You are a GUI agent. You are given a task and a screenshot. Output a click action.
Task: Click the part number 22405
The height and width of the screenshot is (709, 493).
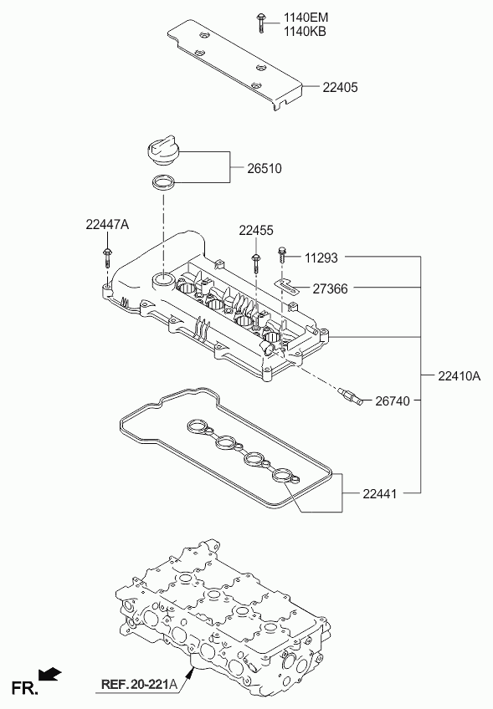point(340,87)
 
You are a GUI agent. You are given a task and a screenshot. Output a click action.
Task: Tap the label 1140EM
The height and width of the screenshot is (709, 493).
point(306,18)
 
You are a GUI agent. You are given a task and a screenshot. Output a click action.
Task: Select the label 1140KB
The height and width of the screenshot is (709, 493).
point(305,31)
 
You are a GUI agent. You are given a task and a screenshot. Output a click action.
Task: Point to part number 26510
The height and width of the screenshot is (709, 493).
point(264,169)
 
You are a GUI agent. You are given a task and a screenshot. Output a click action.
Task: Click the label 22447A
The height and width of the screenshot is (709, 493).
point(107,224)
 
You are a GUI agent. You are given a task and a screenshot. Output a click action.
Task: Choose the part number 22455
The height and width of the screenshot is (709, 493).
point(256,231)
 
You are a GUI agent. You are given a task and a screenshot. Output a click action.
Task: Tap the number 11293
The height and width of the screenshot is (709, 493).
point(321,258)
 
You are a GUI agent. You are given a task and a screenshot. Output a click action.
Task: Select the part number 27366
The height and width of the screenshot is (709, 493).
point(330,288)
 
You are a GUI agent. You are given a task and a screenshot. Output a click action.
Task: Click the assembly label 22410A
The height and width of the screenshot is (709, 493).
point(459,375)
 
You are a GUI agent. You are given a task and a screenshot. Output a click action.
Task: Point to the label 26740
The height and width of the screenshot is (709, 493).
point(393,401)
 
